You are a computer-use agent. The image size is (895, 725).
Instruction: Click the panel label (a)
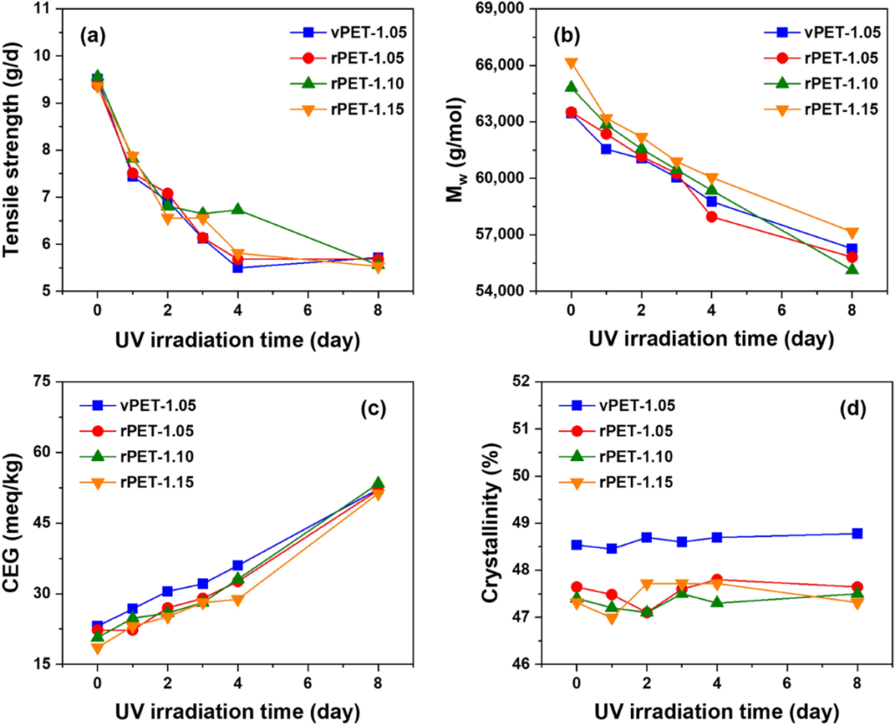coord(93,36)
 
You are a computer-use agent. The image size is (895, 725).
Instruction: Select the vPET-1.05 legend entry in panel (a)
coord(348,32)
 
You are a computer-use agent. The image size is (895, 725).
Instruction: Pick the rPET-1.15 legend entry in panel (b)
coord(822,109)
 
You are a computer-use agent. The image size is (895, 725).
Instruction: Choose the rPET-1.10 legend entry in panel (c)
coord(137,457)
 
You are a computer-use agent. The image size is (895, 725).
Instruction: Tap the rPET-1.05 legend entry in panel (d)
coord(616,431)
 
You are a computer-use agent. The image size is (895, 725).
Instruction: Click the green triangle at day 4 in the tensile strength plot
coord(238,209)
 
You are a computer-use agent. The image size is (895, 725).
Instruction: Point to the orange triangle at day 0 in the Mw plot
coord(572,64)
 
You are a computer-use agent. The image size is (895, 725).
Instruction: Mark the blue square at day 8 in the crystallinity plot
coord(857,533)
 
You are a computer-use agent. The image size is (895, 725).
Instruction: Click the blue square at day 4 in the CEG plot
coord(238,566)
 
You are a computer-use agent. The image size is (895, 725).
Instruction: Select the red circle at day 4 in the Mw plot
coord(711,217)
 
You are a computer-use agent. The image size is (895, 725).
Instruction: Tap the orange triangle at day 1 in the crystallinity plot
coord(611,618)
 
